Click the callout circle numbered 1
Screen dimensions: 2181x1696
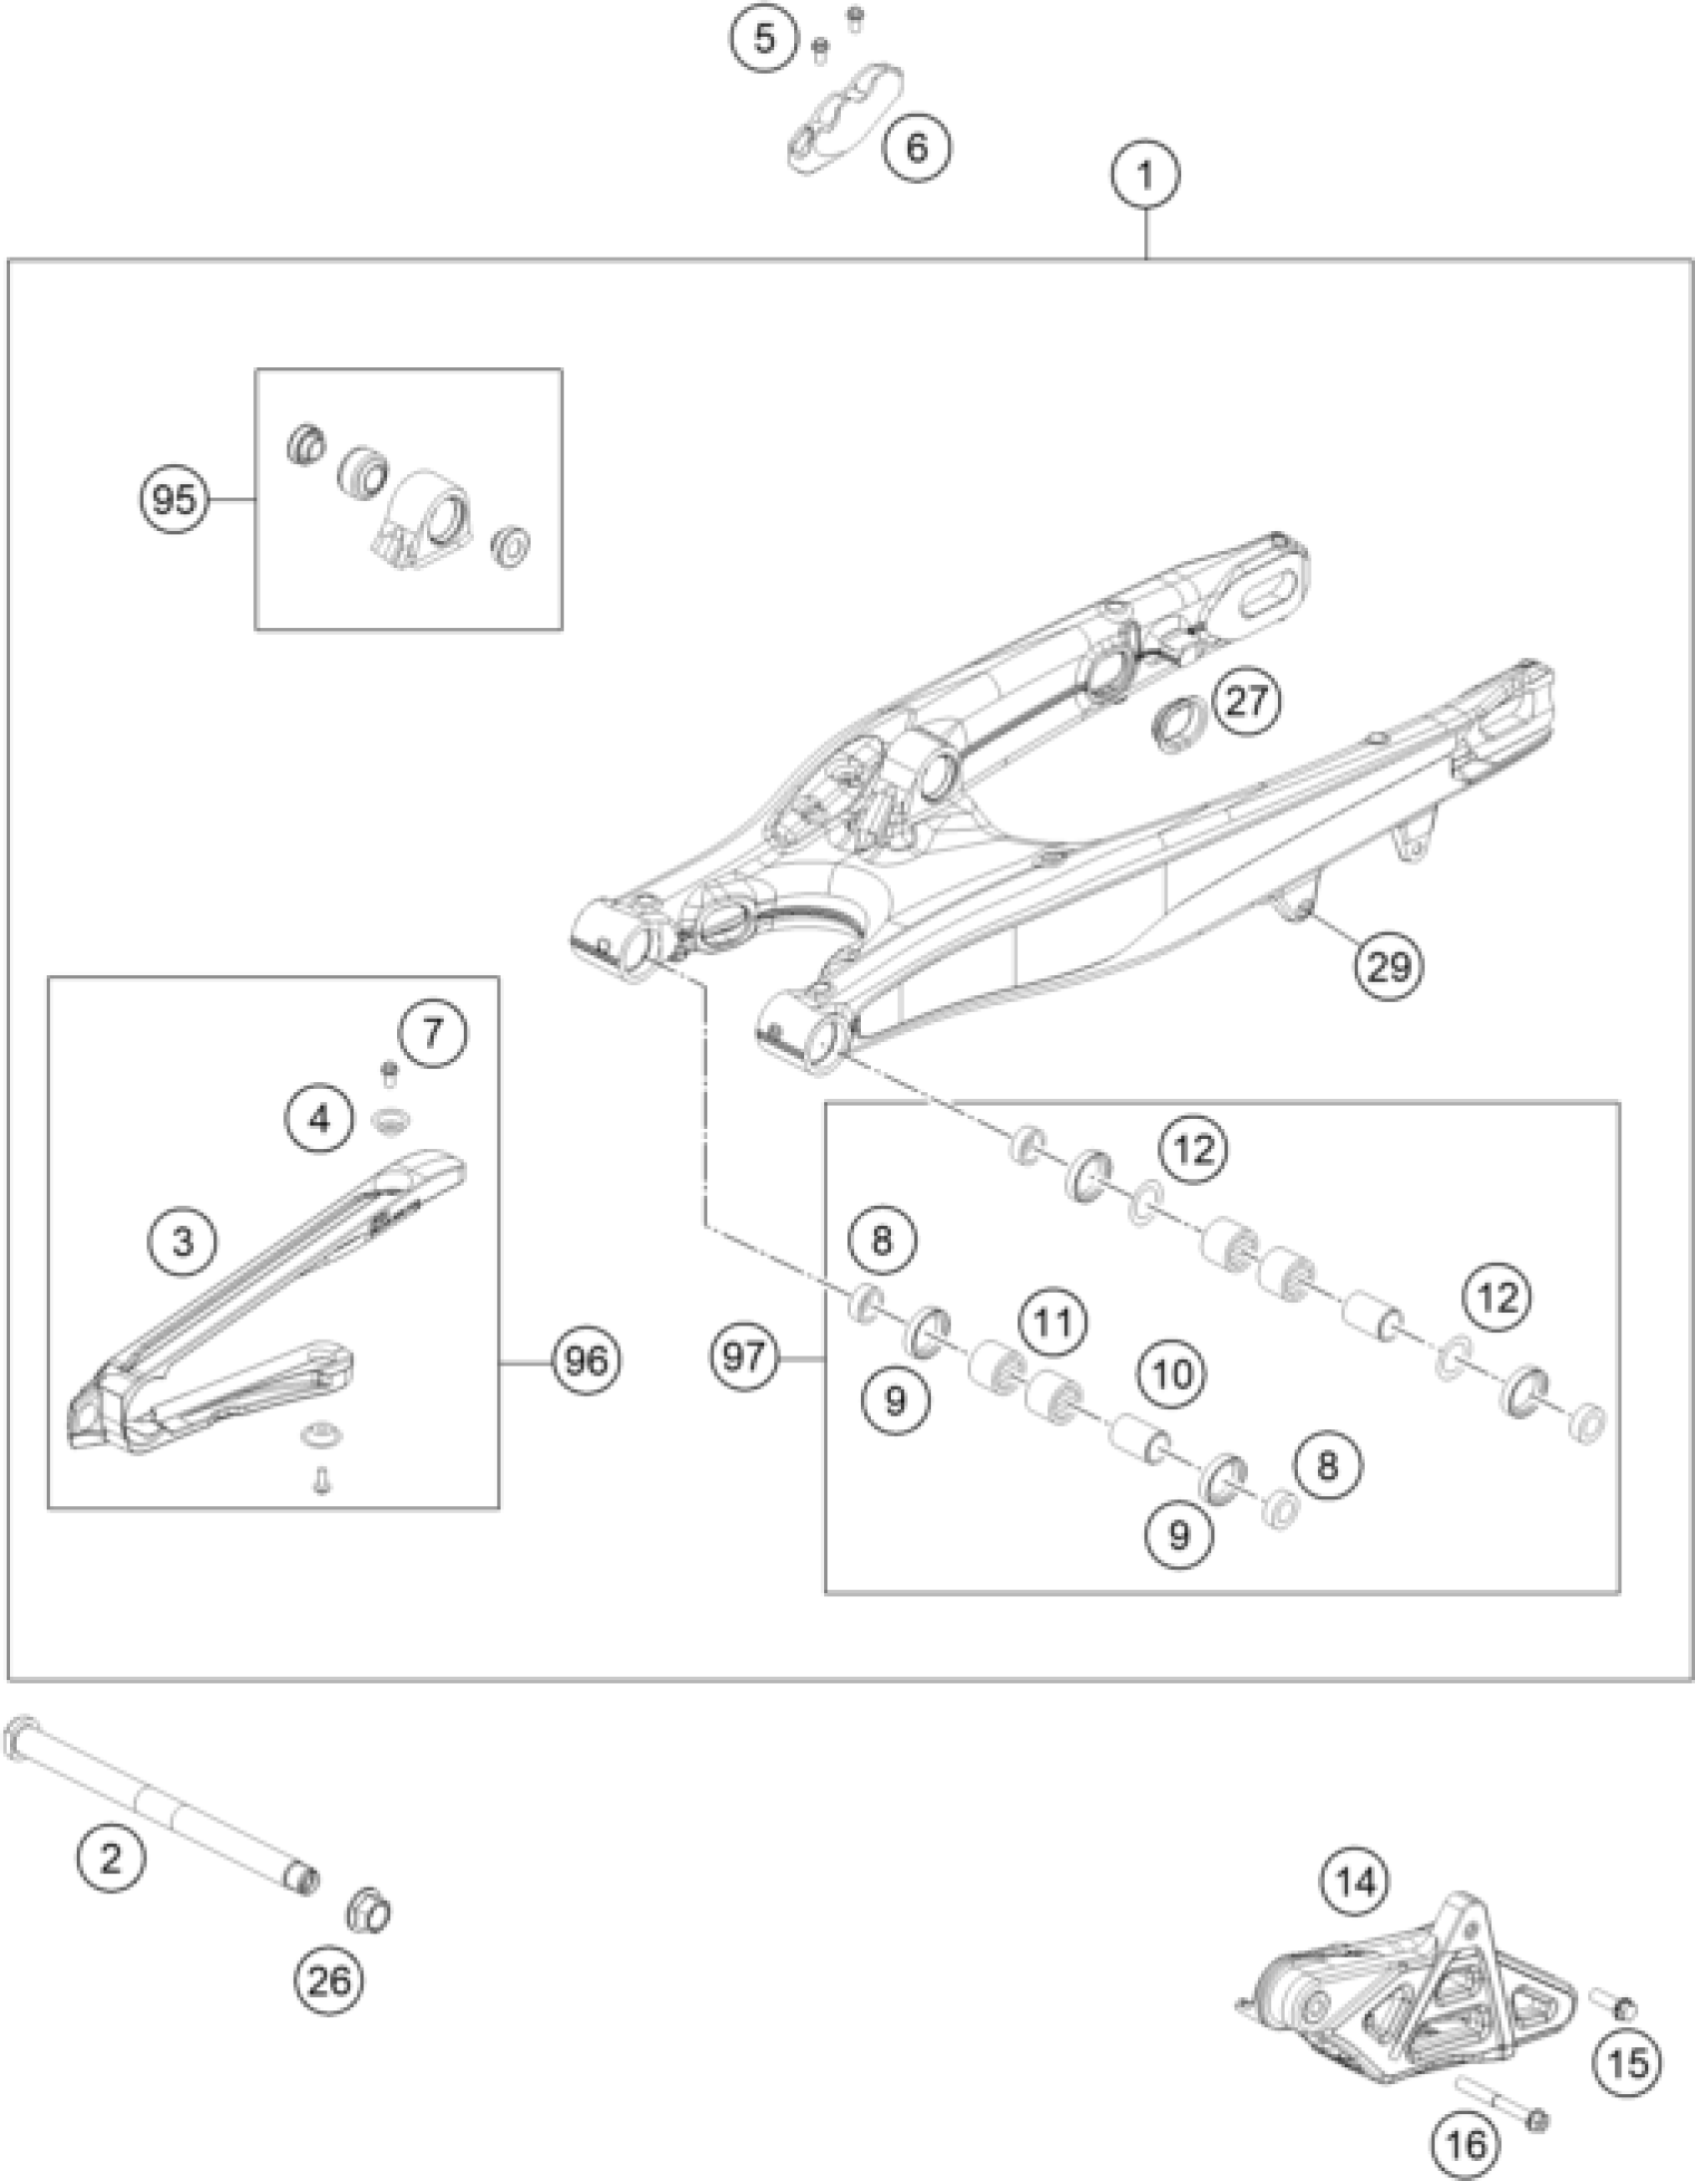click(x=1145, y=176)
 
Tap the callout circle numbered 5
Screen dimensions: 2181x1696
click(x=764, y=40)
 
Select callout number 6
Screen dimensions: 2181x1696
click(x=917, y=148)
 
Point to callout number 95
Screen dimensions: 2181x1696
click(x=174, y=498)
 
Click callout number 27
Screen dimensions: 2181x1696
click(x=1247, y=702)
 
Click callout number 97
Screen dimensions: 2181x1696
click(x=744, y=1357)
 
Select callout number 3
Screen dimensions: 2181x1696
click(x=183, y=1243)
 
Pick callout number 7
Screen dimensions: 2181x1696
click(x=432, y=1032)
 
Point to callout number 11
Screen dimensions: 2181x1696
click(x=1054, y=1324)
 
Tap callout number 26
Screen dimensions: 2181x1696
click(x=329, y=1980)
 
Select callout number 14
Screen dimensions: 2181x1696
click(x=1356, y=1883)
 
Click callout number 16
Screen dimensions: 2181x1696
click(x=1467, y=2142)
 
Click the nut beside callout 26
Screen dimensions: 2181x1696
click(x=366, y=1911)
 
